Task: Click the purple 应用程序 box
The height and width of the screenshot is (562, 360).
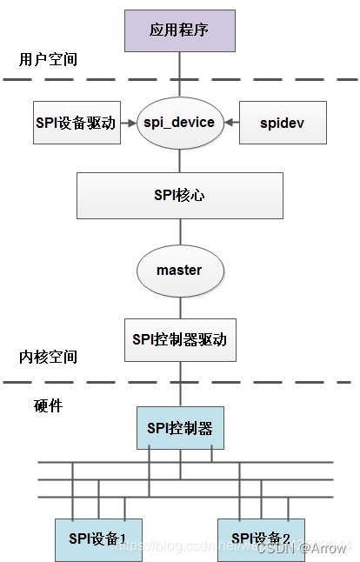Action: pos(180,30)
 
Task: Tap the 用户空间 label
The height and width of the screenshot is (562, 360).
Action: pos(48,60)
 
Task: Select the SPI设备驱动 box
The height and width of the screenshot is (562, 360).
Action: pos(76,123)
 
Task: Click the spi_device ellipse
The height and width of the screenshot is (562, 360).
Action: pos(179,123)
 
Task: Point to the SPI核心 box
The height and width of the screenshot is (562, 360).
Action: pos(180,195)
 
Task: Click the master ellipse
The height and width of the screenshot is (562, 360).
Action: pos(179,270)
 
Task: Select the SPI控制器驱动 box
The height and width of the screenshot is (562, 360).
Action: pos(180,338)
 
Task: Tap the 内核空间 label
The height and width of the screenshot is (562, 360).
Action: pos(48,357)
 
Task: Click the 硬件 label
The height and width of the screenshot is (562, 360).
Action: pos(48,405)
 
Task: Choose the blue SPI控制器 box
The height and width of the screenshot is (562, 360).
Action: pos(180,428)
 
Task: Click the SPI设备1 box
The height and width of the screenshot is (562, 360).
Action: pos(99,537)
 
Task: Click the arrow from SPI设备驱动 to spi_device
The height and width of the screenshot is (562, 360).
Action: pos(130,123)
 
